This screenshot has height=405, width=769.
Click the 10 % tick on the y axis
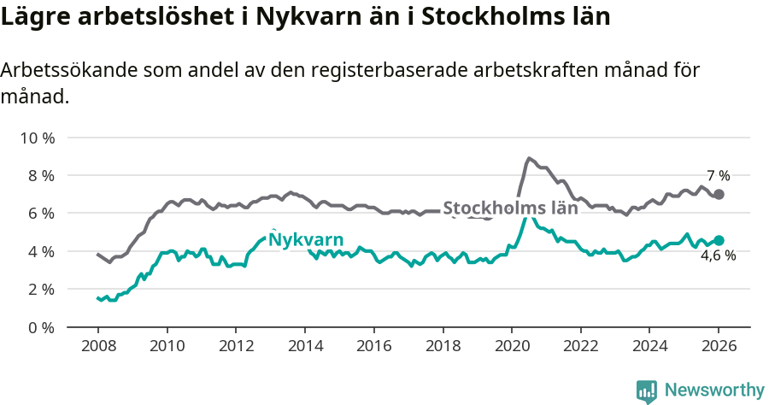coord(38,138)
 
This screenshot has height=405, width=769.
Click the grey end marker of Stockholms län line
coord(719,195)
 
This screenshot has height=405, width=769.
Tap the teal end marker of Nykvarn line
coord(719,240)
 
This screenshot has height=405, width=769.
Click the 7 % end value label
coord(718,176)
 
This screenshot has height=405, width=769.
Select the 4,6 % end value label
coord(718,255)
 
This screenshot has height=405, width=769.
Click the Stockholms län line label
coord(510,208)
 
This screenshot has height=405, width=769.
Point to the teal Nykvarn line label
coord(306,239)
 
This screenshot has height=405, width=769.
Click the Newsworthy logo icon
coord(647,391)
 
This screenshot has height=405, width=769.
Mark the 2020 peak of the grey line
coord(529,158)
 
